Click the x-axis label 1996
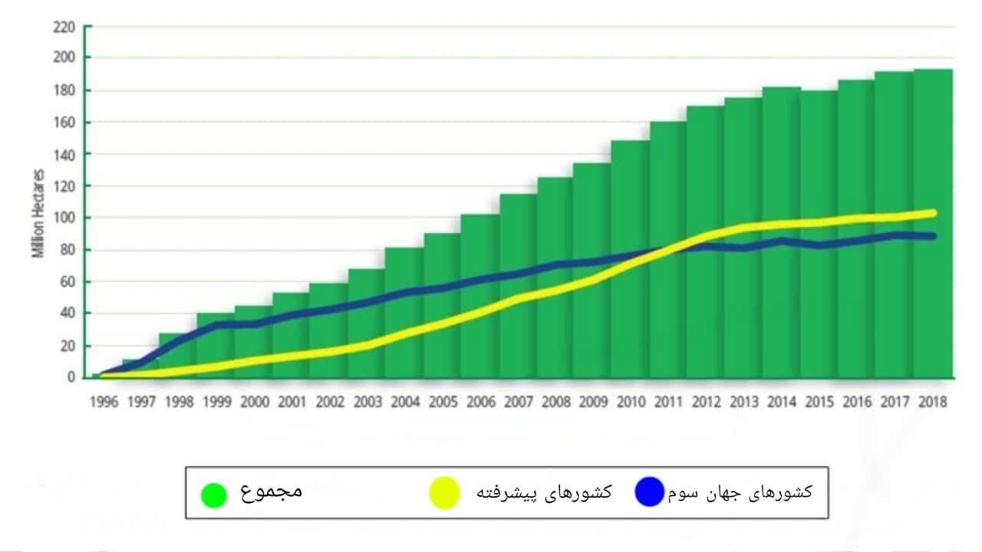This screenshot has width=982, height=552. point(104,401)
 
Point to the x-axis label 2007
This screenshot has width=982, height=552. point(518,401)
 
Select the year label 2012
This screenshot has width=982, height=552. point(706,401)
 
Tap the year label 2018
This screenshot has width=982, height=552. point(932,401)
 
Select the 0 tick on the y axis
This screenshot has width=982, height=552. point(71,377)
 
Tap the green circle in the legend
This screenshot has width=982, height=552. point(213,495)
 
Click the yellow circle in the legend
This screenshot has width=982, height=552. point(443,493)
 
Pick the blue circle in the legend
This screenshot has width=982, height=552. point(649,492)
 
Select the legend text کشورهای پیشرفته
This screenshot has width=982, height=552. point(545,492)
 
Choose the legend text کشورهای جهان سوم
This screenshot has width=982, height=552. point(740,492)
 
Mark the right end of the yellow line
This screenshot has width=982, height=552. point(932,212)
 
